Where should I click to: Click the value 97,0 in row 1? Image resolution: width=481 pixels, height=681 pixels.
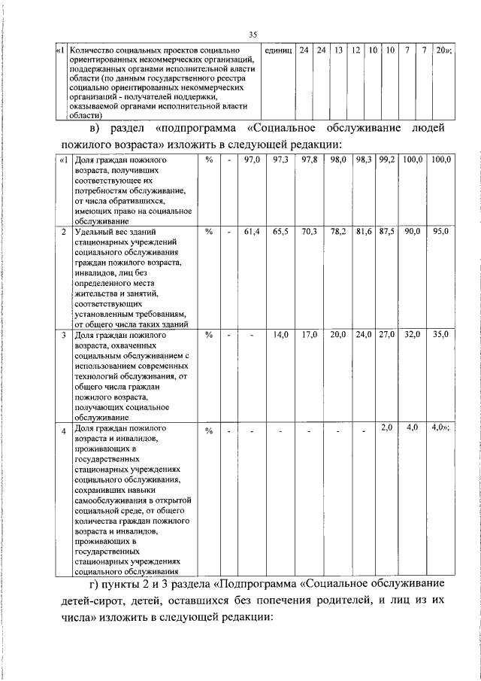click(x=252, y=160)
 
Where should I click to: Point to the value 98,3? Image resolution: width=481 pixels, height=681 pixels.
click(x=364, y=160)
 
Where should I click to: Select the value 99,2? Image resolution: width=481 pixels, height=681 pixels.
click(x=386, y=160)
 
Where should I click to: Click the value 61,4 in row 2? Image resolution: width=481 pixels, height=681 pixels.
click(x=252, y=233)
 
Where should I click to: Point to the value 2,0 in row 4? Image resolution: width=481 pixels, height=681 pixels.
click(x=387, y=427)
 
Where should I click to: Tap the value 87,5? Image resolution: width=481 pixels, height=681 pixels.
click(x=386, y=233)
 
